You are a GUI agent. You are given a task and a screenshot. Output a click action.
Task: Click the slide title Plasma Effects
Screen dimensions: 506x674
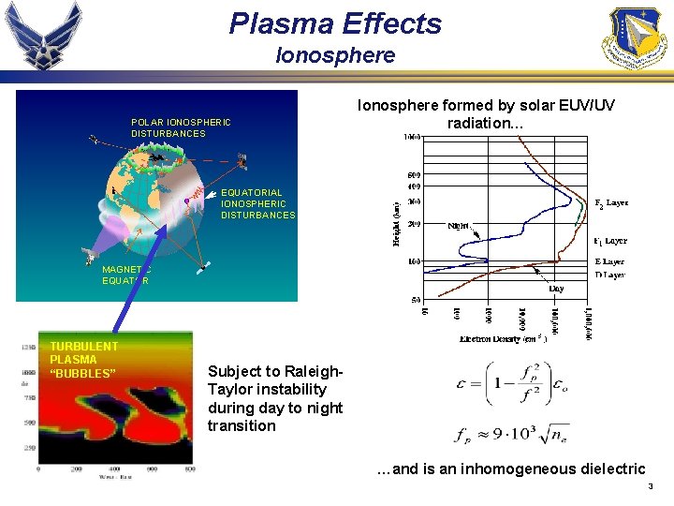pyautogui.click(x=335, y=23)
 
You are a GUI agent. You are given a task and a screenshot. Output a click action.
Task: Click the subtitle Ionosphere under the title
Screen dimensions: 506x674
pyautogui.click(x=335, y=56)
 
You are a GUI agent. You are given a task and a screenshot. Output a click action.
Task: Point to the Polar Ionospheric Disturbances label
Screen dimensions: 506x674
pyautogui.click(x=181, y=127)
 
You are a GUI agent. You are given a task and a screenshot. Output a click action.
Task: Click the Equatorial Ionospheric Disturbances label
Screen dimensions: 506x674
pyautogui.click(x=257, y=203)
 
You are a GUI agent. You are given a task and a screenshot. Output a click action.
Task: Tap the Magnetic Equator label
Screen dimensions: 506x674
pyautogui.click(x=125, y=275)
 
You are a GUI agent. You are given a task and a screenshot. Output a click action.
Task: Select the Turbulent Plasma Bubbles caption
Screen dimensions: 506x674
pyautogui.click(x=83, y=360)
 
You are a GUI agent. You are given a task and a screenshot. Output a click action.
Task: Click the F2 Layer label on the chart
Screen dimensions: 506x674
pyautogui.click(x=611, y=202)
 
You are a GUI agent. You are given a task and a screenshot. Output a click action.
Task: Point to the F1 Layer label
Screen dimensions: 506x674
pyautogui.click(x=610, y=241)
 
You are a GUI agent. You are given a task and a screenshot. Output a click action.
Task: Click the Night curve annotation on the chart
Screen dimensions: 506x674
pyautogui.click(x=460, y=225)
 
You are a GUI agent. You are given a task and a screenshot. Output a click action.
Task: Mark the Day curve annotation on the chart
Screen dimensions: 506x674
pyautogui.click(x=555, y=289)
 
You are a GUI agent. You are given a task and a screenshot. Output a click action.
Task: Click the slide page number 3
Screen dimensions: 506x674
pyautogui.click(x=650, y=487)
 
